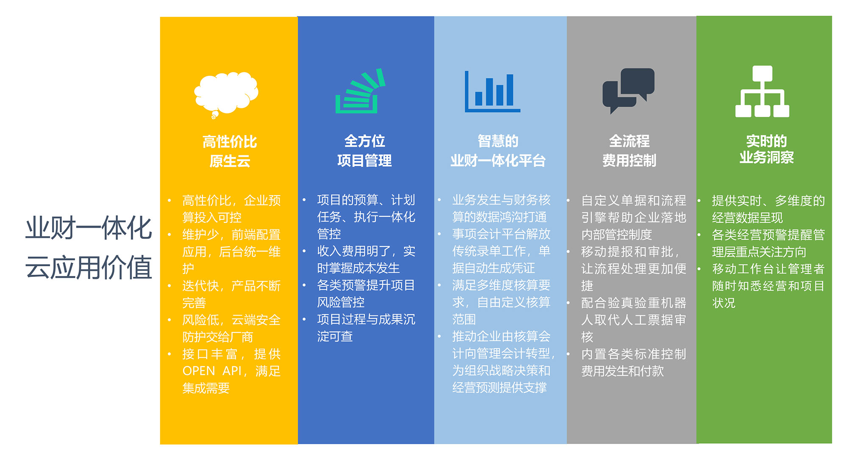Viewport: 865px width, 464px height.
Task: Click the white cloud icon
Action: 226,94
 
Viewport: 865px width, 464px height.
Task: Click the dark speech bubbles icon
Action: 628,90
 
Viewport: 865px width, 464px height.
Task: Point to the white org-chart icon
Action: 762,91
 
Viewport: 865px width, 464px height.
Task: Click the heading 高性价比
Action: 230,142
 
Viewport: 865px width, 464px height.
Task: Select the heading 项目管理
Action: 364,161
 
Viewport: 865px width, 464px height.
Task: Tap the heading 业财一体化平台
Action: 498,161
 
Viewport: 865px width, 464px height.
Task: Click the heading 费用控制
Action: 629,161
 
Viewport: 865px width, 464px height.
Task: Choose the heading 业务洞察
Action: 766,157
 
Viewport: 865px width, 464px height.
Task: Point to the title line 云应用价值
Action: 89,267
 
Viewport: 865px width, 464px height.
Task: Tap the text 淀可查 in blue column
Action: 335,336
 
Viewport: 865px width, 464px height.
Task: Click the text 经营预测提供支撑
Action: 499,387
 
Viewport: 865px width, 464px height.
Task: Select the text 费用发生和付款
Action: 622,371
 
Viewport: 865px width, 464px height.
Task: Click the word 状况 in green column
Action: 724,303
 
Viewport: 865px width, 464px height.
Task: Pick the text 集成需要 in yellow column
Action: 206,388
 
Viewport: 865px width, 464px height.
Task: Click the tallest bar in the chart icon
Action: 510,90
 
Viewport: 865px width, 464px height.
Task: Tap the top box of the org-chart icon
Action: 762,73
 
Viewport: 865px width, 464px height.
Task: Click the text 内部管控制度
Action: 616,235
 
